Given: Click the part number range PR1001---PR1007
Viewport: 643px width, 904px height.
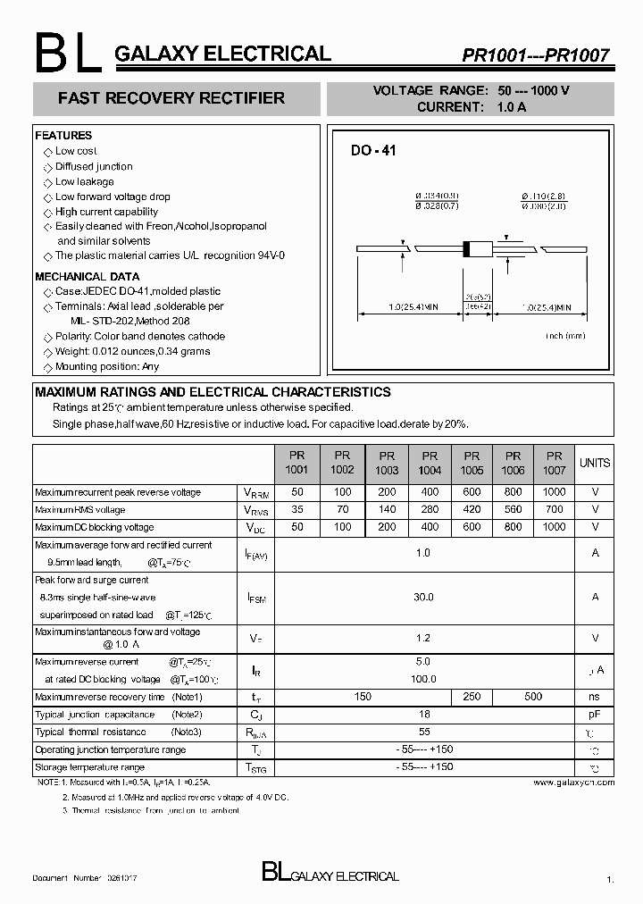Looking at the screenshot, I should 536,55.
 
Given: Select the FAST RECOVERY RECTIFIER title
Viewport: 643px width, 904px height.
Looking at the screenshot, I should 171,98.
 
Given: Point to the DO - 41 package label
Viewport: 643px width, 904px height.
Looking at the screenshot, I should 372,151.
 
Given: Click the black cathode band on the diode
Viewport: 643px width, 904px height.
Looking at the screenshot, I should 465,247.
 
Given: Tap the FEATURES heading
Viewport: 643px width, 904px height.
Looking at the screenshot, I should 63,136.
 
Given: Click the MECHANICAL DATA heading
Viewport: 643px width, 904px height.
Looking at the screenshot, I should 88,277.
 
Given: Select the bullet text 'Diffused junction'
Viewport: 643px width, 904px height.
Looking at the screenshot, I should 94,166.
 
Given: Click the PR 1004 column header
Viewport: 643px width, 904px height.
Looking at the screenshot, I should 430,462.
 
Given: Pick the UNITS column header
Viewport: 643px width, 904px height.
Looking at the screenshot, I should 595,463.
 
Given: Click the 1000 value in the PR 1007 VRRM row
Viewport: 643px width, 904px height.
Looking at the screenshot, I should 554,492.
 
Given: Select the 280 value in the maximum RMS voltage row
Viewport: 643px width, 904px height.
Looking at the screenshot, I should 430,510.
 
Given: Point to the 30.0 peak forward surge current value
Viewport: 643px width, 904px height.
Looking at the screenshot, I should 423,597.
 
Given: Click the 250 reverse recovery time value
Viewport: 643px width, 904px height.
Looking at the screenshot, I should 472,697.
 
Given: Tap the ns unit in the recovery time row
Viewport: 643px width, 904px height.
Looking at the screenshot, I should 595,697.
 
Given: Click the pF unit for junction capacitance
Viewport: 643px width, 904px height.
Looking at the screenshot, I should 595,715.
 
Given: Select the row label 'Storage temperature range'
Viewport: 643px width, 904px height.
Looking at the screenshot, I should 89,767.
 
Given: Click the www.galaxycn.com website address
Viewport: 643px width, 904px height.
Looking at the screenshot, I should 573,782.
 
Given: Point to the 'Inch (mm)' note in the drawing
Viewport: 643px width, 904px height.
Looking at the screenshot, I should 564,336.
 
